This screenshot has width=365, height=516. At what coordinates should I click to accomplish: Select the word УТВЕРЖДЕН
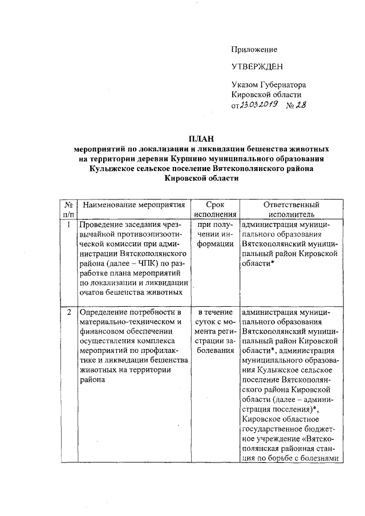click(257, 67)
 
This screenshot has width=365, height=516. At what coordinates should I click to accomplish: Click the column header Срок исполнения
click(215, 209)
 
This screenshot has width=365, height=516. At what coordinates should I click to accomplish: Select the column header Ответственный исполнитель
click(291, 209)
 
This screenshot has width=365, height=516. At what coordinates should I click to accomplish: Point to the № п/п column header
click(68, 209)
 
